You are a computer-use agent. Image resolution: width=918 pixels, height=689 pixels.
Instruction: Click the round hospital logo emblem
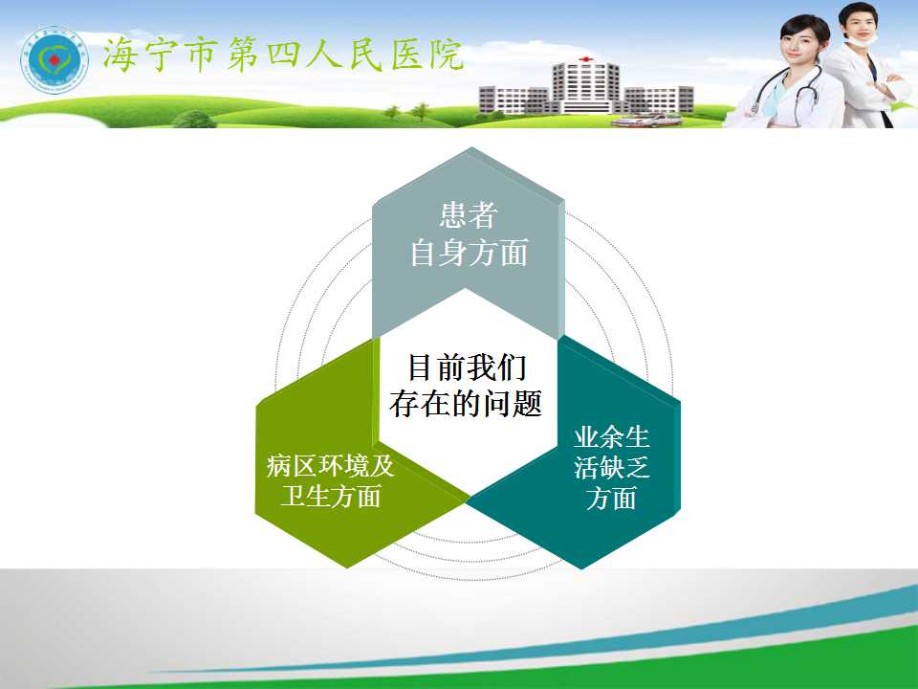[54, 59]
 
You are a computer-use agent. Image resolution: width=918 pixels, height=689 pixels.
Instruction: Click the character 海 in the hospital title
[121, 56]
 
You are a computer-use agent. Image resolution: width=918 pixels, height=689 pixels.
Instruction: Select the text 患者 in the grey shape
[469, 215]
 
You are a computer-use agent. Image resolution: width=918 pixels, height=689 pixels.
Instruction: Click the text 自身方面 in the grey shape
[469, 253]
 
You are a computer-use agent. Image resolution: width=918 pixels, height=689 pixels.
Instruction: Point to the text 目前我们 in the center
[467, 367]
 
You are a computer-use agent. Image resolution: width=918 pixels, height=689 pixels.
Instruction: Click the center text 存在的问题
[466, 404]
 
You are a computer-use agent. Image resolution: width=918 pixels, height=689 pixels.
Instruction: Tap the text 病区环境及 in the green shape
[331, 466]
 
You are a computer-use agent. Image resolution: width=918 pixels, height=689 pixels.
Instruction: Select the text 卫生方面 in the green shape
[331, 496]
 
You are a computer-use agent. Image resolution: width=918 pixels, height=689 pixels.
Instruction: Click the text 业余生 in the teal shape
[611, 437]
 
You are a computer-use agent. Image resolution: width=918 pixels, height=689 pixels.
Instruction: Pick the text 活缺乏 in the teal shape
[611, 468]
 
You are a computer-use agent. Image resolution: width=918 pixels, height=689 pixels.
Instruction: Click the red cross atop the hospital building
[584, 59]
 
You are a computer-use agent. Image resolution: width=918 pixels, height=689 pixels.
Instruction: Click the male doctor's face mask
[863, 38]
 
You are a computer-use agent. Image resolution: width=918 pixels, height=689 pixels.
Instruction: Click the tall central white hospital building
[585, 87]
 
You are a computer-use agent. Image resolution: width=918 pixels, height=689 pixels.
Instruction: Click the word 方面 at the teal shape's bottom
[611, 498]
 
